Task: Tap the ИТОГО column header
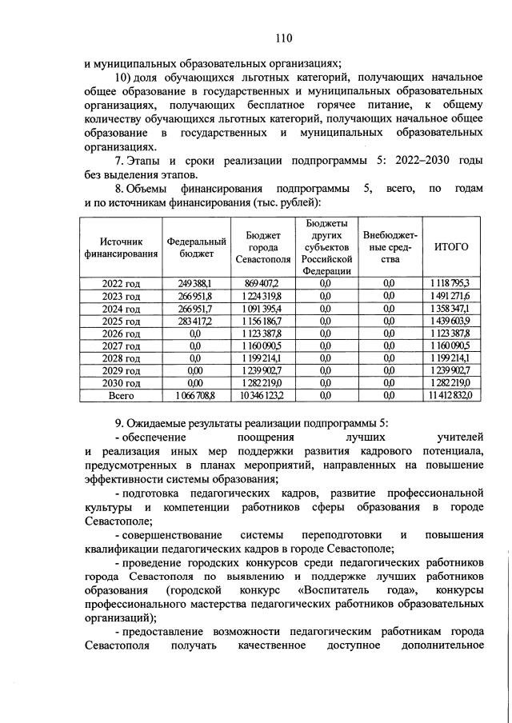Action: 450,247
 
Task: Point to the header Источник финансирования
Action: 121,247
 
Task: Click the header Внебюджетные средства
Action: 389,247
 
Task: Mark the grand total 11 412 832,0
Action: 450,395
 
